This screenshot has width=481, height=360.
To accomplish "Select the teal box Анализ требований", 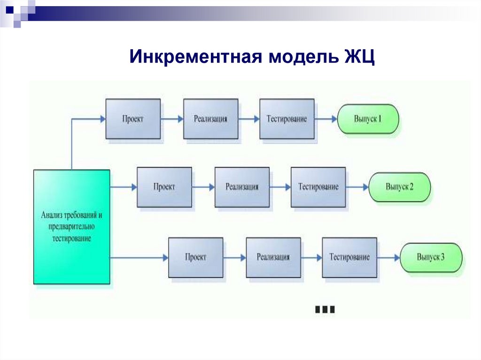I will coord(71,227).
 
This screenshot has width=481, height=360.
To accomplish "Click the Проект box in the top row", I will coord(133,119).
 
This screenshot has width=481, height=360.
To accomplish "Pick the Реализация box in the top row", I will coord(210,119).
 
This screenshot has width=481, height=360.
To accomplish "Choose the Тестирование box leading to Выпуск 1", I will coord(287,119).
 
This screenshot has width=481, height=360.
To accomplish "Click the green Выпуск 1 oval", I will coord(368,119).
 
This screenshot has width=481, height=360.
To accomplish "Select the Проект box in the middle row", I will coord(164,187).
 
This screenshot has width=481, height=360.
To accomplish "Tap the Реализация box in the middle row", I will coord(242,187).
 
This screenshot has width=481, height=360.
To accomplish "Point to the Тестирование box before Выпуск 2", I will coord(318,187).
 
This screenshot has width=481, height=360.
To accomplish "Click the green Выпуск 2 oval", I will coord(399,187).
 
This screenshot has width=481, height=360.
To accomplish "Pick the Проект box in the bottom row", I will coord(195,257).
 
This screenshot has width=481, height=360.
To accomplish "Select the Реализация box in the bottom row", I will coord(273,257).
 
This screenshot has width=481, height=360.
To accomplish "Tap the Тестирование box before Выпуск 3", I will coord(349,257).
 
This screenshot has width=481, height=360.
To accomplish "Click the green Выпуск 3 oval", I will coord(431,257).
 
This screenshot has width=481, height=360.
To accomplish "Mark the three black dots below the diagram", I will coord(325,309).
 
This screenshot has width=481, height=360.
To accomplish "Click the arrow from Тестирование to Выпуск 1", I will coord(326,119).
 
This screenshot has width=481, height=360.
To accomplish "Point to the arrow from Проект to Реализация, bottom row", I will coord(234,258).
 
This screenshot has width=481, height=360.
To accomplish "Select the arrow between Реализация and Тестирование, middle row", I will coord(280,187).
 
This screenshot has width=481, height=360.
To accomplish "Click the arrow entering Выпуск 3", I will coord(388,258).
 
